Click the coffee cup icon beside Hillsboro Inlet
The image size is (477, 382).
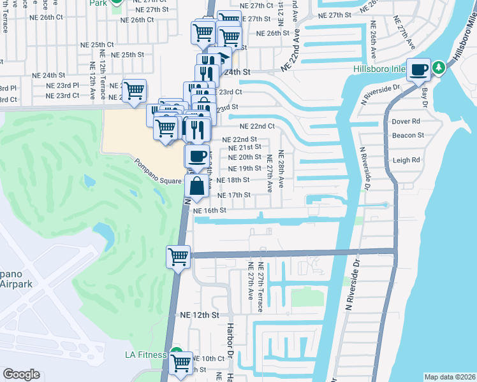point(419,69)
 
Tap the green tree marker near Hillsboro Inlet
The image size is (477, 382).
point(438,67)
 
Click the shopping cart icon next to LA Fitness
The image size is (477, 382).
point(181,363)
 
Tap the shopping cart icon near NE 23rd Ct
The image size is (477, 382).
point(134,91)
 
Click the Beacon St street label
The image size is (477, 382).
point(408,136)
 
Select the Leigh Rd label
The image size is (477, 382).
point(406,160)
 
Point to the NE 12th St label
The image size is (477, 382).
point(199,315)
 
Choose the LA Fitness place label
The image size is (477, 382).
point(145,355)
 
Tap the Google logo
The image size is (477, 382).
point(21,374)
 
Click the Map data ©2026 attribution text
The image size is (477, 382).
point(450,377)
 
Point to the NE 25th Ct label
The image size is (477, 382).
point(96,45)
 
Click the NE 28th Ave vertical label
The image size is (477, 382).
point(280,169)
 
